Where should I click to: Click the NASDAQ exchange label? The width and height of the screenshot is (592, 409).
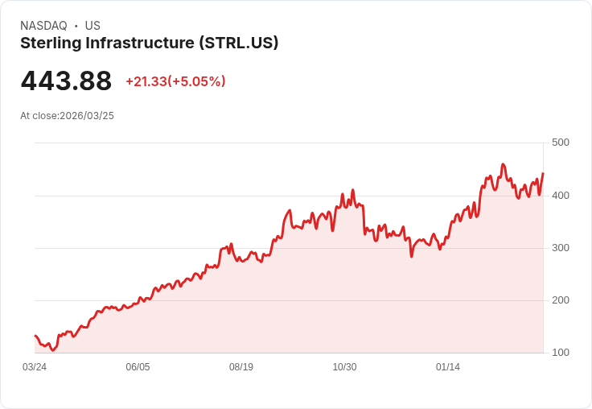coord(43,26)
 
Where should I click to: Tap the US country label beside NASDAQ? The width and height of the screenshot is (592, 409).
coord(92,26)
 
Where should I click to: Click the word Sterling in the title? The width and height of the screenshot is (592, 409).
coord(49,43)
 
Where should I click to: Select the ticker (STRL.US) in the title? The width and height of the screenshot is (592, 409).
coord(239,43)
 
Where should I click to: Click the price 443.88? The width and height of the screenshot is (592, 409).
coord(66,81)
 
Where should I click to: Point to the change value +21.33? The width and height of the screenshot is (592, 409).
coord(146,81)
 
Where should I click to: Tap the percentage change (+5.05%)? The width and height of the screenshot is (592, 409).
coord(196,81)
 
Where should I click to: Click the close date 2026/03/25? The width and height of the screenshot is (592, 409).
coord(87,116)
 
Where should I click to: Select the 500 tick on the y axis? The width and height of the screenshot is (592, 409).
coord(560,143)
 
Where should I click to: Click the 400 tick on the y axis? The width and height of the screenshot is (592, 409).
coord(560,195)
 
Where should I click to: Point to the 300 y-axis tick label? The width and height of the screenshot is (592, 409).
coord(560,247)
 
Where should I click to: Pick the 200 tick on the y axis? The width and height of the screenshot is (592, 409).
coord(560,300)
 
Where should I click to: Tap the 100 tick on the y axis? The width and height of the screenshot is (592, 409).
coord(560,353)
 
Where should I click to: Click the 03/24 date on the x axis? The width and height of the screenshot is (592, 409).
coord(35,367)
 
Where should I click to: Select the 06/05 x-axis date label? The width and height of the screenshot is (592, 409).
coord(138,367)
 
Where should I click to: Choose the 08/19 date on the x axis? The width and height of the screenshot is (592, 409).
coord(241,367)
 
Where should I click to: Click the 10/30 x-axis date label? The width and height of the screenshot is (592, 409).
coord(344,367)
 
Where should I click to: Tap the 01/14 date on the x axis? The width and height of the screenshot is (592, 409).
coord(448,367)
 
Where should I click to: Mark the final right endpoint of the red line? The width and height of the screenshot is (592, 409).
coord(543,173)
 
